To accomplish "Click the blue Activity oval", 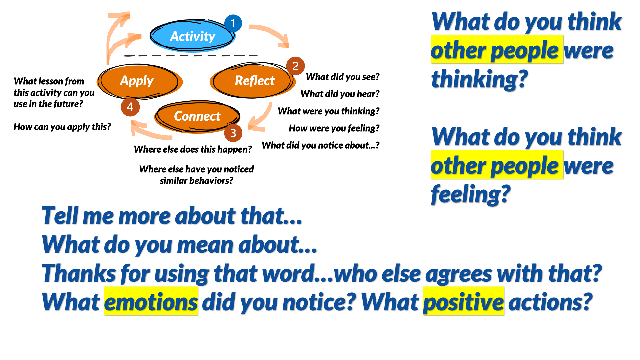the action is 192,36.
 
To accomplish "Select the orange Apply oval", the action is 139,81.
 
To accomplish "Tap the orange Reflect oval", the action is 253,81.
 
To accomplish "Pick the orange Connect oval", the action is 197,116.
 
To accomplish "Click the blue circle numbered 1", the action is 233,23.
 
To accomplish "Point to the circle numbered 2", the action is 295,66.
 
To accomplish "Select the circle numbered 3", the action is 233,133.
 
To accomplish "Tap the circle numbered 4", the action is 130,107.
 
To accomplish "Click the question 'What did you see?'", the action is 343,77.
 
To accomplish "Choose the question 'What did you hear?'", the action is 340,94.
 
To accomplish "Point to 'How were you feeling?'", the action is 334,128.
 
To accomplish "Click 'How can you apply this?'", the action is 62,127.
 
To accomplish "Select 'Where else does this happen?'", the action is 193,149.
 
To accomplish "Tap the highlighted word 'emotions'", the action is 151,302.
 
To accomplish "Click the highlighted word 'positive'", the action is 463,302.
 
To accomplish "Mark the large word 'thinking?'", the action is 479,79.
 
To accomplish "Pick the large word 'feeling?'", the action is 471,194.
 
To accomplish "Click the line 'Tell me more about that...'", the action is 172,216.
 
